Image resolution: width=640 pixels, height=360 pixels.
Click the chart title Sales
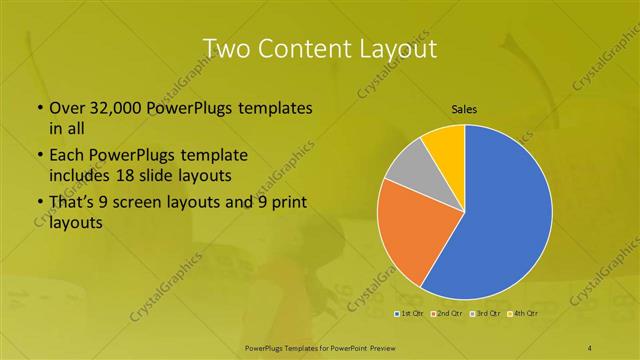click(x=464, y=107)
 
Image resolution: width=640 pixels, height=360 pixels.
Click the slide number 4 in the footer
click(x=591, y=347)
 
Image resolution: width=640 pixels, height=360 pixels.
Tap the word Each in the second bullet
click(x=66, y=157)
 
